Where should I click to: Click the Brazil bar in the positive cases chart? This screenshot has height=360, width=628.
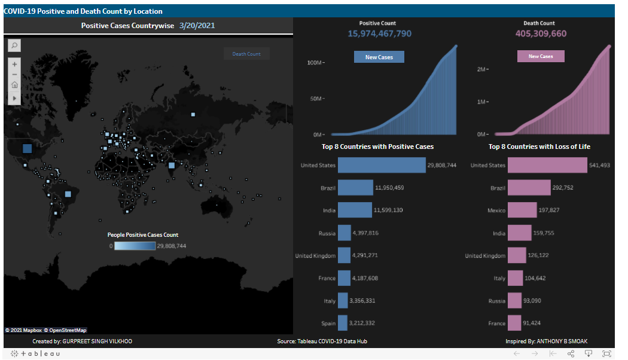355,188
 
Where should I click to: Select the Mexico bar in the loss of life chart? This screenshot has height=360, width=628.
522,210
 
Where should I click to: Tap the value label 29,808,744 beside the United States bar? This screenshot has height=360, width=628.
442,166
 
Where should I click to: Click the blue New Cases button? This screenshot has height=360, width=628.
379,57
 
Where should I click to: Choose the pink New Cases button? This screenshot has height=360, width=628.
541,56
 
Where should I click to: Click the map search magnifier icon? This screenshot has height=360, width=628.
14,45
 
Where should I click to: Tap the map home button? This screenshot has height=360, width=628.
14,86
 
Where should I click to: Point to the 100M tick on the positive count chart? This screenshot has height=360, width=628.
314,62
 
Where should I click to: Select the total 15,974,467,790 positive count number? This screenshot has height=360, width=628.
379,33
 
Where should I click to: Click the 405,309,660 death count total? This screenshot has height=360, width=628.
541,33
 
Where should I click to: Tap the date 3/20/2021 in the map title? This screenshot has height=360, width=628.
197,26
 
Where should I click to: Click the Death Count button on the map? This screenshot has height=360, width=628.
246,54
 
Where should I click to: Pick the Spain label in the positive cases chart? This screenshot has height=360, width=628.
328,324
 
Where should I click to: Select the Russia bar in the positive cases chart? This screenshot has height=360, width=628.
344,233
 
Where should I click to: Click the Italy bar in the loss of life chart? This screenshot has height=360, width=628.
516,278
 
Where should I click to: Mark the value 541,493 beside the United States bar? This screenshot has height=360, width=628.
599,166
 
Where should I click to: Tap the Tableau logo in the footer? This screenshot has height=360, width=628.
37,354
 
